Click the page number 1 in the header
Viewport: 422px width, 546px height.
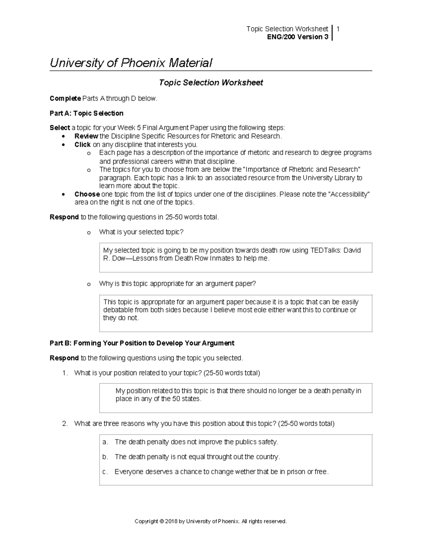pyautogui.click(x=338, y=29)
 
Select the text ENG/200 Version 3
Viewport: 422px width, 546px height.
pyautogui.click(x=298, y=37)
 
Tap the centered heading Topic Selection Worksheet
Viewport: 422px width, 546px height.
pyautogui.click(x=211, y=83)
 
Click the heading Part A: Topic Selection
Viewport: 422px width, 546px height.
pyautogui.click(x=87, y=113)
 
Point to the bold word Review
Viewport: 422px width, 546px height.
pyautogui.click(x=86, y=136)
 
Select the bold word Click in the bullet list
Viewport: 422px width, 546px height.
pyautogui.click(x=82, y=144)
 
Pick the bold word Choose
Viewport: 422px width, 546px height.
pyautogui.click(x=87, y=194)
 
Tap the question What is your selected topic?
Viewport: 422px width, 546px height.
pyautogui.click(x=141, y=232)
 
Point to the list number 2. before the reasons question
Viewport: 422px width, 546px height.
pyautogui.click(x=65, y=424)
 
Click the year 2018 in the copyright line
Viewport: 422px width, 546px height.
pyautogui.click(x=171, y=521)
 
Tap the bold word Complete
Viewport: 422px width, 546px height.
pyautogui.click(x=65, y=98)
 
